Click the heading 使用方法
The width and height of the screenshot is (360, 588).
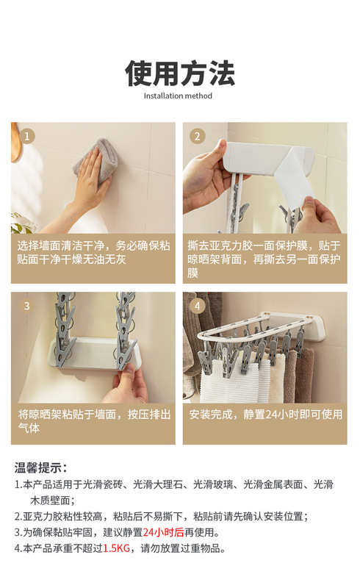[180, 73]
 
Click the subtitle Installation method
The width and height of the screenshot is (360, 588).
[178, 96]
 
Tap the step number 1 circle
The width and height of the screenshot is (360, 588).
[27, 136]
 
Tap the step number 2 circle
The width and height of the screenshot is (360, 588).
[198, 136]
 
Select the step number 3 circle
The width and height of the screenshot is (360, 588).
[27, 306]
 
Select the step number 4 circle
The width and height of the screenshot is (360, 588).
[198, 306]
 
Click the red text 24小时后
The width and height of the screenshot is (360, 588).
[164, 532]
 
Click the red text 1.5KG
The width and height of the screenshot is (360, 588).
[116, 548]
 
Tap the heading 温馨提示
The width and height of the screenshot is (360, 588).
[40, 467]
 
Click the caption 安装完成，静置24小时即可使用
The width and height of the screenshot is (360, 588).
[265, 415]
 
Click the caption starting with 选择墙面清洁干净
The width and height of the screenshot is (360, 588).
[93, 252]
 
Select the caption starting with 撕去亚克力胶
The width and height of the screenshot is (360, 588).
[264, 259]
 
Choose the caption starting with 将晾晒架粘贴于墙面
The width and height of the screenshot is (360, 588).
[94, 421]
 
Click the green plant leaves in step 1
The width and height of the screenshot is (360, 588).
[22, 224]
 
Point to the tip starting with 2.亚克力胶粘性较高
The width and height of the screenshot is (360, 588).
[162, 517]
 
